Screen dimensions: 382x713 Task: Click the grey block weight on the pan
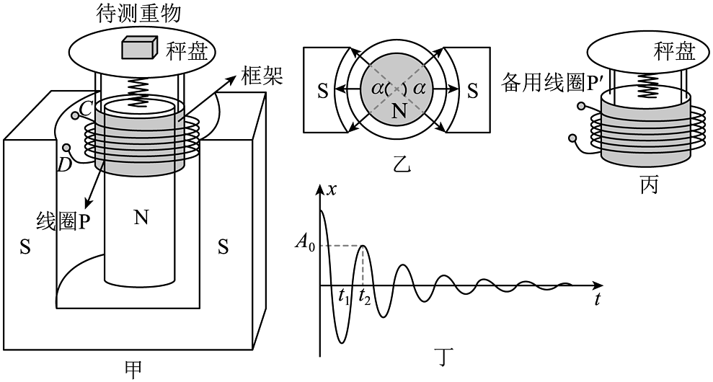pos(139,48)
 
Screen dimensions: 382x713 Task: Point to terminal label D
pos(64,165)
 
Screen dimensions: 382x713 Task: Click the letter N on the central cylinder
pos(141,218)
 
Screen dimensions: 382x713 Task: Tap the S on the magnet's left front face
pos(25,248)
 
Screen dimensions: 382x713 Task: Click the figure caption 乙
pos(402,165)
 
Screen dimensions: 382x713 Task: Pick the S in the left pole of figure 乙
pos(322,91)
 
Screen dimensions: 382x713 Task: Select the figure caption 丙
pos(648,185)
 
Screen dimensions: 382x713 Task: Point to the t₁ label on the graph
pos(344,296)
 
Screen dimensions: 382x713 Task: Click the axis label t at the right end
pos(598,300)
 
